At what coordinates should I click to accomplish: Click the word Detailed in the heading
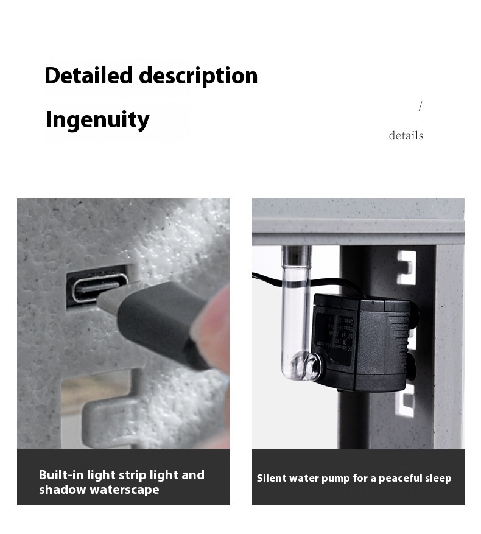click(x=89, y=76)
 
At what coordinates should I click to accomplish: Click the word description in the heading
click(x=198, y=76)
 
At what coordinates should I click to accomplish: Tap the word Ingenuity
click(x=97, y=119)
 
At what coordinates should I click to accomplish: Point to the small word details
click(x=406, y=136)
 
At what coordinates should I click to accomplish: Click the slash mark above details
click(x=420, y=107)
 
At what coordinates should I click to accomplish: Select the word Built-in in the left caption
click(x=61, y=475)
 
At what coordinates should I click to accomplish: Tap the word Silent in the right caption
click(x=272, y=478)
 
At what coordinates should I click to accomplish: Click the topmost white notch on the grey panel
click(x=406, y=267)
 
